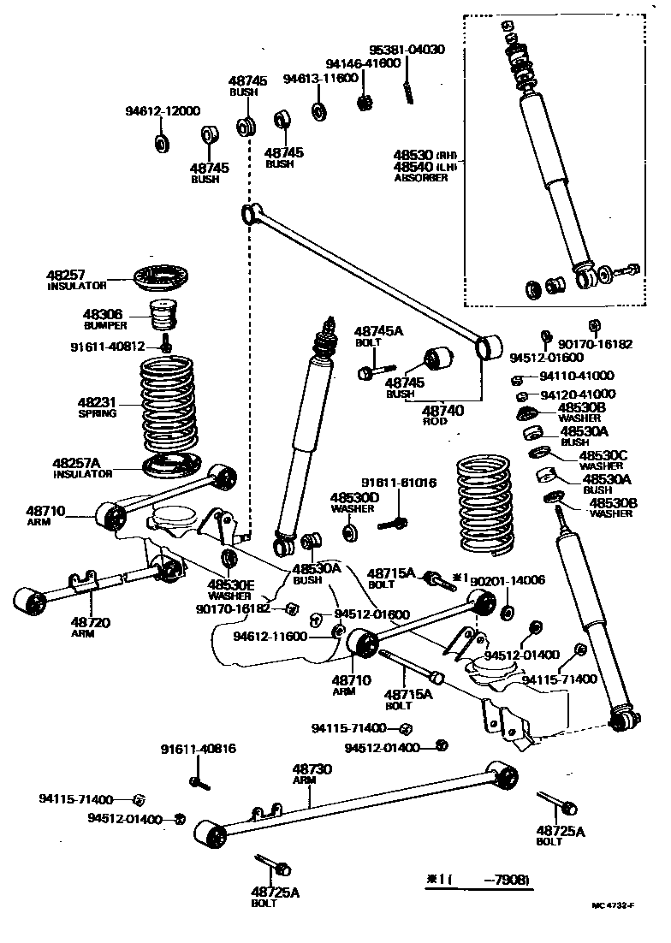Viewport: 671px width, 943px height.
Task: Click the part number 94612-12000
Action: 163,111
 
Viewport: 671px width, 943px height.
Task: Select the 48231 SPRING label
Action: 97,406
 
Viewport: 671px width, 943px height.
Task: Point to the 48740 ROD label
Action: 443,416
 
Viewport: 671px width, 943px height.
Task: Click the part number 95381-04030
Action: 407,50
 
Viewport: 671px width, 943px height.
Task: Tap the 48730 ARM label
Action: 311,774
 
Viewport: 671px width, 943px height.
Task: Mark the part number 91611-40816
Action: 198,750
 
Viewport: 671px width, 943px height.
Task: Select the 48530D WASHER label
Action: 354,502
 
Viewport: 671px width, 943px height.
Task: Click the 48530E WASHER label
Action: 229,590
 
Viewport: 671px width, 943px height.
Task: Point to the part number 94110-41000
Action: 589,376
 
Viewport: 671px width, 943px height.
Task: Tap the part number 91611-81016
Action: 398,483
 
